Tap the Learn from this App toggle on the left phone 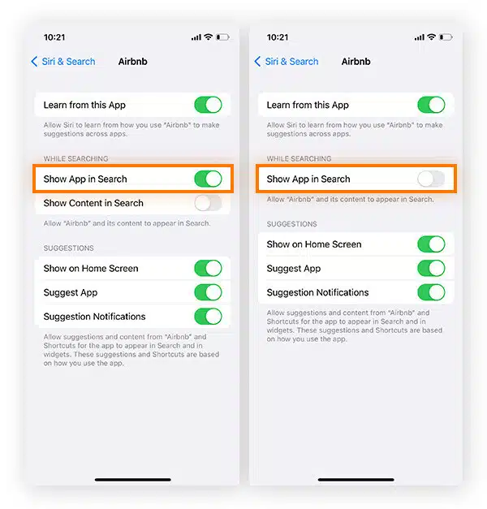(x=208, y=105)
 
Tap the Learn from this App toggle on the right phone (x=431, y=105)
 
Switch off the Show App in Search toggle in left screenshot (x=208, y=179)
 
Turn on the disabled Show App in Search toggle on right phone (x=431, y=179)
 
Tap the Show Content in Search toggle (x=208, y=203)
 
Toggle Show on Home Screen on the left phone (x=208, y=269)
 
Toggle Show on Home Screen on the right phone (x=431, y=244)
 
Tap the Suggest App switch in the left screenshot (x=208, y=292)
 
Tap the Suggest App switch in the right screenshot (x=431, y=269)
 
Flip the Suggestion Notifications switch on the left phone (x=208, y=317)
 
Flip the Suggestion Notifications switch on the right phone (x=431, y=292)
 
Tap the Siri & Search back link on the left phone (x=63, y=62)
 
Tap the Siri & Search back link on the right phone (x=286, y=62)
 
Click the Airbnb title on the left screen (x=133, y=62)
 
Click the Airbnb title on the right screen (x=356, y=62)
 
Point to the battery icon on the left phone (x=222, y=37)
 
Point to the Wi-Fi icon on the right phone (x=431, y=37)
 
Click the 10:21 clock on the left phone (x=54, y=37)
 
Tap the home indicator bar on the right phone (x=356, y=480)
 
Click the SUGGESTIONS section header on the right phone (x=292, y=224)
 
